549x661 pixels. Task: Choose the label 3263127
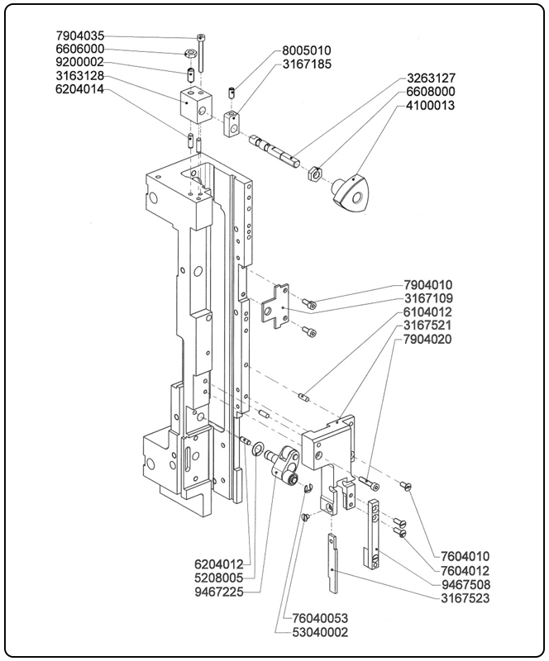(x=430, y=80)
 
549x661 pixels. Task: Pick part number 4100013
(x=430, y=107)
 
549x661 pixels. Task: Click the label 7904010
(x=429, y=285)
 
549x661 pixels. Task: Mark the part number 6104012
(x=429, y=312)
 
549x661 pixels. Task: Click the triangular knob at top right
(x=350, y=193)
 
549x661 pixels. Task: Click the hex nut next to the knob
(x=314, y=174)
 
